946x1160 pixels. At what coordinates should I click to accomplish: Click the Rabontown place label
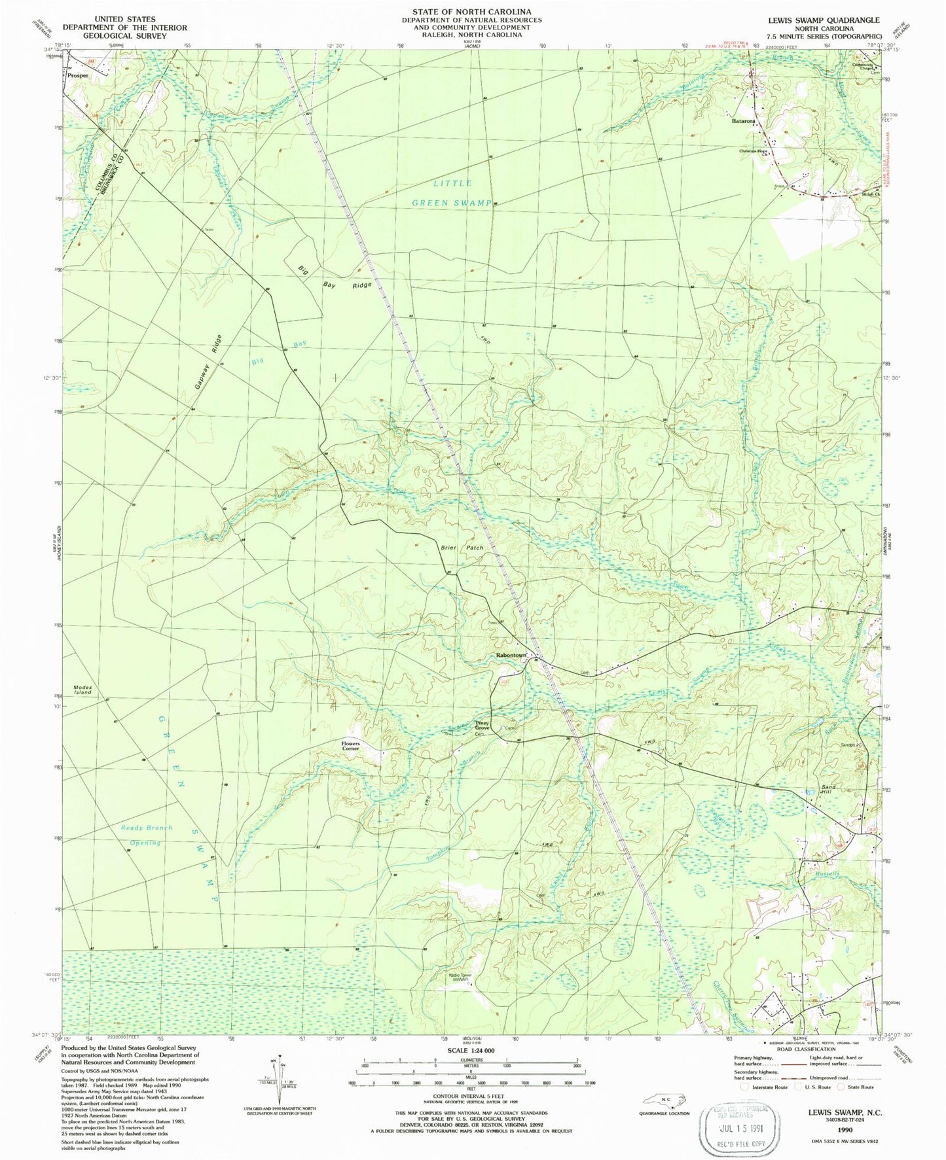511,655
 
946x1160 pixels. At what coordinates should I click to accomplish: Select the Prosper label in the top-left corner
77,76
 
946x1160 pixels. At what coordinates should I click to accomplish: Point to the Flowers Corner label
350,746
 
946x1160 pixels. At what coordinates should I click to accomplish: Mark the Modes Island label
83,690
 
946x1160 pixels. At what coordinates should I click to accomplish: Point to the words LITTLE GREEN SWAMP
451,193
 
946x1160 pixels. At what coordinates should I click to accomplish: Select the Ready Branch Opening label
146,835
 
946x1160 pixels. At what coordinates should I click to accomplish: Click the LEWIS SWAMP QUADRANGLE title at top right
824,20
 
